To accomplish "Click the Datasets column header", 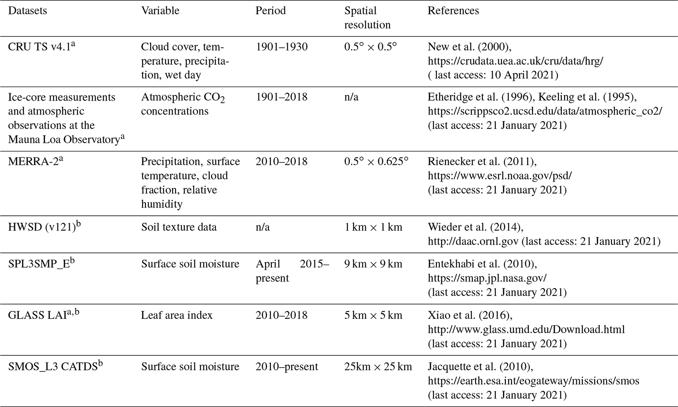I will pos(27,11).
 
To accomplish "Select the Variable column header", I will pos(160,11).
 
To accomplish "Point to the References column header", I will pos(453,11).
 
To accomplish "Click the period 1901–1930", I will pos(281,47).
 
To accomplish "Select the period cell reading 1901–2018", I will pos(281,97).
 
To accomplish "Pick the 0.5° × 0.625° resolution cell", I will pos(376,161).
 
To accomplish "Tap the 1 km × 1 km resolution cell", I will pos(373,227).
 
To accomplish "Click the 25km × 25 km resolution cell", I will pos(378,366).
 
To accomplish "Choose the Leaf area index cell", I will pos(176,315).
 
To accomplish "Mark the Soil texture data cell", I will pos(179,227).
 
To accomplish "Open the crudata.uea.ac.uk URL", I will pos(515,61).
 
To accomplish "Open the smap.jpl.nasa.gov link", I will pos(487,278).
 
